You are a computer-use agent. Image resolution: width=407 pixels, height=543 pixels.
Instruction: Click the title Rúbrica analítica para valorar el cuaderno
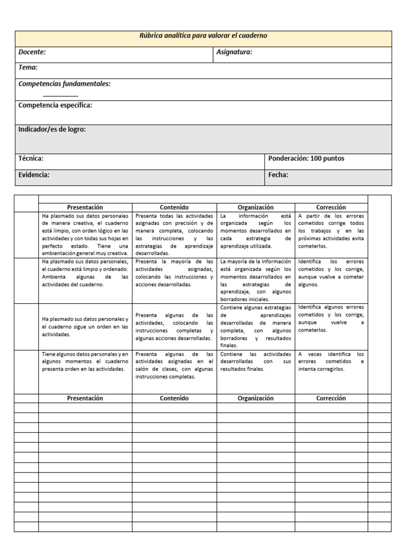pyautogui.click(x=203, y=36)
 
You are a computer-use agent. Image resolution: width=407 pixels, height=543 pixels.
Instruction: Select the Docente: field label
pyautogui.click(x=32, y=52)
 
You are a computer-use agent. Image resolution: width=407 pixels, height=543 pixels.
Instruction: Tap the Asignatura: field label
pyautogui.click(x=234, y=52)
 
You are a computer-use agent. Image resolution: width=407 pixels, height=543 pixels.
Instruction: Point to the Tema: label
pyautogui.click(x=28, y=68)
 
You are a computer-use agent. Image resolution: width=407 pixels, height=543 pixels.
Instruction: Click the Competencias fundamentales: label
pyautogui.click(x=64, y=84)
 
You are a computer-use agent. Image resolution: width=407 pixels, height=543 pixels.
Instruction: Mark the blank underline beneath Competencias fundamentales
pyautogui.click(x=60, y=96)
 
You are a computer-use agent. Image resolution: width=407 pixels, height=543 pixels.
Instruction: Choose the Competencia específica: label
pyautogui.click(x=55, y=105)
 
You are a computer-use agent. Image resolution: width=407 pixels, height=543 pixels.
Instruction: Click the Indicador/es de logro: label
pyautogui.click(x=52, y=129)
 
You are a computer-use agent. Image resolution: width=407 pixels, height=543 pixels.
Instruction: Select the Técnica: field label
pyautogui.click(x=31, y=159)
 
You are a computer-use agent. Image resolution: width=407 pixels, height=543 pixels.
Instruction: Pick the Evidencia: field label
pyautogui.click(x=34, y=175)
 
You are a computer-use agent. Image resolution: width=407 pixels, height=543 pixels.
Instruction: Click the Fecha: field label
pyautogui.click(x=278, y=175)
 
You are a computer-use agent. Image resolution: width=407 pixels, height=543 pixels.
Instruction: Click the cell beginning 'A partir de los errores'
pyautogui.click(x=331, y=231)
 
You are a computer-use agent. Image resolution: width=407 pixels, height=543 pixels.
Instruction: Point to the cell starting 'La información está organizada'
pyautogui.click(x=255, y=231)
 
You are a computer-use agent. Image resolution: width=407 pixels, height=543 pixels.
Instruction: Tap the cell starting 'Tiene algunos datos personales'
pyautogui.click(x=85, y=362)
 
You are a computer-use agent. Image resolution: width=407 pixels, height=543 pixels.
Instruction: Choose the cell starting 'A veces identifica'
pyautogui.click(x=331, y=362)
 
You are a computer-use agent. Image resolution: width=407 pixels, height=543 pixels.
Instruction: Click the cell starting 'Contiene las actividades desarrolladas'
pyautogui.click(x=255, y=362)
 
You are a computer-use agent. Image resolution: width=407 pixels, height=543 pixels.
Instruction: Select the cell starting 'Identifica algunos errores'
pyautogui.click(x=331, y=318)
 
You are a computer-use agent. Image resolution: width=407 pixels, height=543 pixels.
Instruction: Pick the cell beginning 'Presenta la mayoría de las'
pyautogui.click(x=174, y=273)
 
